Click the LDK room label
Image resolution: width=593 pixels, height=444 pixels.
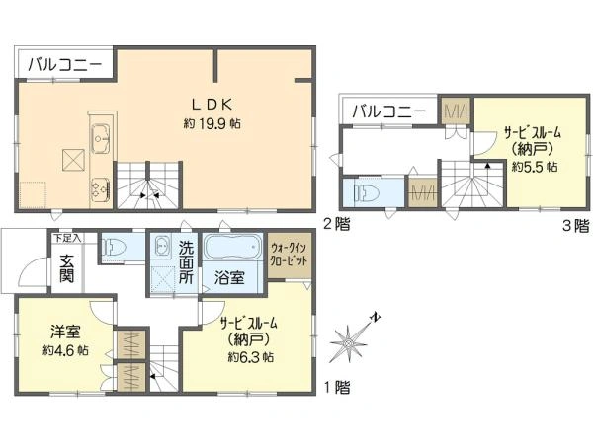click(x=212, y=105)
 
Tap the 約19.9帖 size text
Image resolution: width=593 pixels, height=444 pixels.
click(x=212, y=123)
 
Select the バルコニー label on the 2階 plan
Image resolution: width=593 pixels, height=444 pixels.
click(x=65, y=64)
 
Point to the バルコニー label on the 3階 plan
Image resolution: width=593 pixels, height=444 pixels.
click(x=389, y=111)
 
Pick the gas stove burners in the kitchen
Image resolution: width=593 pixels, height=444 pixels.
click(x=100, y=188)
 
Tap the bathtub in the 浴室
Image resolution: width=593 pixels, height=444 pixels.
click(x=233, y=246)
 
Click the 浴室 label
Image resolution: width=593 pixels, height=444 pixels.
click(x=229, y=278)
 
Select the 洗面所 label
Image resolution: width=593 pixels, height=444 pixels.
click(x=186, y=262)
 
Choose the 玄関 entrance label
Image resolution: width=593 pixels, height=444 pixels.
click(x=66, y=268)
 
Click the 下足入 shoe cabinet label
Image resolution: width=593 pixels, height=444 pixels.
click(x=67, y=238)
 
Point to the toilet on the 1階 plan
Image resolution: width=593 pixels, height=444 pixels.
click(x=114, y=248)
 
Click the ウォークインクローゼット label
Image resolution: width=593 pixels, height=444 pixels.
click(x=289, y=255)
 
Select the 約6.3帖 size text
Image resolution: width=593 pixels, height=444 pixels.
click(x=251, y=357)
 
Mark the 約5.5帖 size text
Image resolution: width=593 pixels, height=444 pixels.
click(x=535, y=166)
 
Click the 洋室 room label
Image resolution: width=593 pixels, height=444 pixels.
click(x=65, y=332)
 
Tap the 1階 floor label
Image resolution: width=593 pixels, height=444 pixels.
click(x=337, y=388)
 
